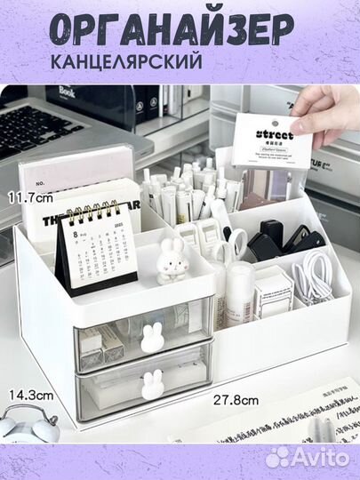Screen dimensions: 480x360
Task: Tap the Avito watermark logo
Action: [x=310, y=457]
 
